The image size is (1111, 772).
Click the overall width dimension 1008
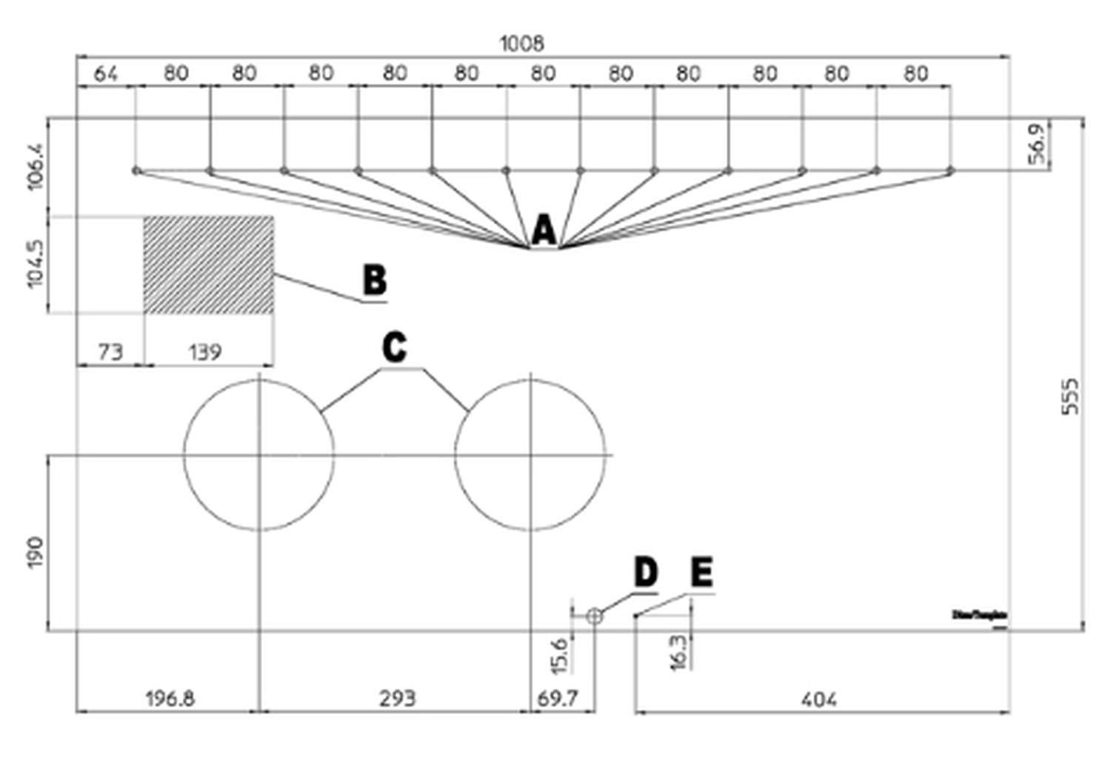coord(521,44)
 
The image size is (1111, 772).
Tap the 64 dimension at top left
coord(105,74)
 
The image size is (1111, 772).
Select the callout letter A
coord(544,230)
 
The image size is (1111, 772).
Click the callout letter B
coord(375,281)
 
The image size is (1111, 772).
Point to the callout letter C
coord(394,347)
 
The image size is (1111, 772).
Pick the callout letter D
coord(645,573)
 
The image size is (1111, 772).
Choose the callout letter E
coord(701,573)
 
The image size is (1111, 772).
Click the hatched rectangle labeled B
coord(209,265)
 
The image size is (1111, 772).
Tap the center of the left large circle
coord(258,455)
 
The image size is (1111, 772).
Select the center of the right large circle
coord(530,455)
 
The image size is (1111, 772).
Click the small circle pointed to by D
coord(594,616)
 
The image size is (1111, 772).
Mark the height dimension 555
coord(1070,396)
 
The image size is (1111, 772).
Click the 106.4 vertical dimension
coord(36,167)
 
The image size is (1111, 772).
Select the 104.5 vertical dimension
coord(36,264)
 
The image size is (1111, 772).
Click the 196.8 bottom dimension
coord(170,699)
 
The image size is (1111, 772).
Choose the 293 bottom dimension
coord(397,699)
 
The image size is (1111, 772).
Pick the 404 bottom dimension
coord(818,699)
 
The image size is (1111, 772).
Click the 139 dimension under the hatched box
coord(204,352)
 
